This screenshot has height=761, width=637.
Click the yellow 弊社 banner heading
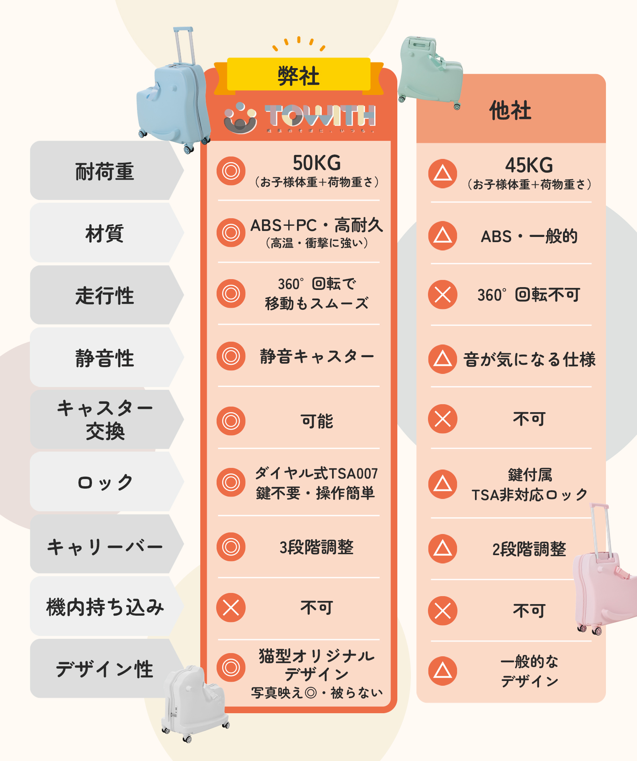(299, 76)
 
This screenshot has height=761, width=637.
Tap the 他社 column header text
(510, 110)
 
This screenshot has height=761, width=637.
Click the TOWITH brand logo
(299, 117)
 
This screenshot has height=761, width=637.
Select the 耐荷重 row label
(104, 171)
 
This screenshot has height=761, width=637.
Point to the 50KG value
(317, 163)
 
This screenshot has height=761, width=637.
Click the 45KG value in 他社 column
(529, 165)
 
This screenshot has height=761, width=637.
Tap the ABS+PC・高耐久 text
(317, 225)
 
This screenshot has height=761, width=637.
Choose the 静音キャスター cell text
(317, 356)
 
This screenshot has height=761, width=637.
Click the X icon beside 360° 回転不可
(442, 295)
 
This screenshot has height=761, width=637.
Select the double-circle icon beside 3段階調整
(231, 547)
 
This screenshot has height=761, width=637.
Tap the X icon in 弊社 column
(231, 608)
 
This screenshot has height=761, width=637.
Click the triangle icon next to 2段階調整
(442, 549)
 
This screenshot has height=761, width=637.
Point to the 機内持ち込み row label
(105, 607)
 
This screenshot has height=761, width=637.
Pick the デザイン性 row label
(104, 669)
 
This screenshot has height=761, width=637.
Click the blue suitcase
(173, 102)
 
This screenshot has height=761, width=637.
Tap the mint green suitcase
(430, 72)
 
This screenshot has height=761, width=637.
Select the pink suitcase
(601, 585)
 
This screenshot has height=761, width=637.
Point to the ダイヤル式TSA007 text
(317, 473)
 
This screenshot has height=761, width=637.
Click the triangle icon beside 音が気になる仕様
(442, 359)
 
